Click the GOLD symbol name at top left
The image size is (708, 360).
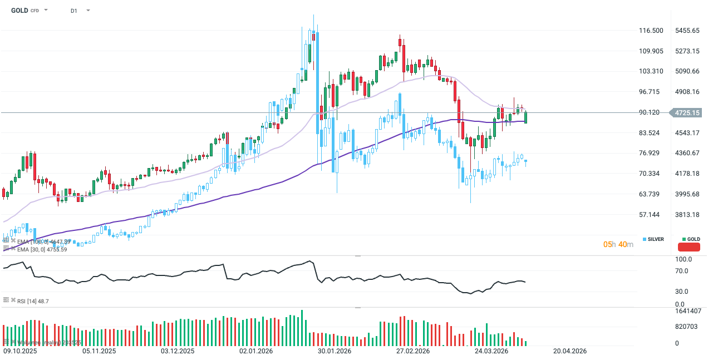19,10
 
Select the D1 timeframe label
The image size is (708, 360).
74,11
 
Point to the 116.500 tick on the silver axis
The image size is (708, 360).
651,31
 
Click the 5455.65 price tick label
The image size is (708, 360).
687,31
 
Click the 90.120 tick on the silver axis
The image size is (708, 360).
650,112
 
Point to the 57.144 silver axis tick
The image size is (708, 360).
650,215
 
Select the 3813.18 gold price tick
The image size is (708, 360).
687,215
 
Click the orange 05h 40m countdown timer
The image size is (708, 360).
618,244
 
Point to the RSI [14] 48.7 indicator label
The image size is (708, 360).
33,301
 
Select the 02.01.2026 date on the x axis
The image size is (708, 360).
256,351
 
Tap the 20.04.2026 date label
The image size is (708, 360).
570,351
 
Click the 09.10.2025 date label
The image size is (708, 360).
21,351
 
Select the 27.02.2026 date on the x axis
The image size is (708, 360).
413,351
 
